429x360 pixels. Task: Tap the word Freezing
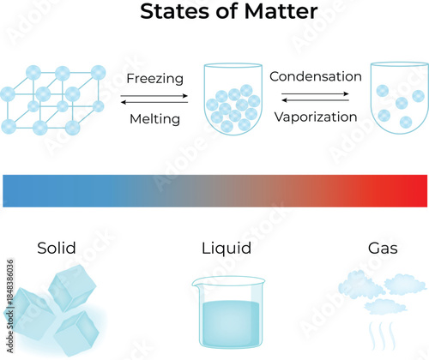(x=154, y=79)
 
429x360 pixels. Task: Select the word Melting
(x=154, y=119)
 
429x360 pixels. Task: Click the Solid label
(x=57, y=249)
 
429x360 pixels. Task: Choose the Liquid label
(x=226, y=249)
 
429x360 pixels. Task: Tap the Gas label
(x=382, y=249)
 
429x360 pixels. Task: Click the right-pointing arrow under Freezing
(x=154, y=94)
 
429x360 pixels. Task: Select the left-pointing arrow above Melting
(x=154, y=102)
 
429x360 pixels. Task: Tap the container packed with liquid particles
(x=232, y=101)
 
